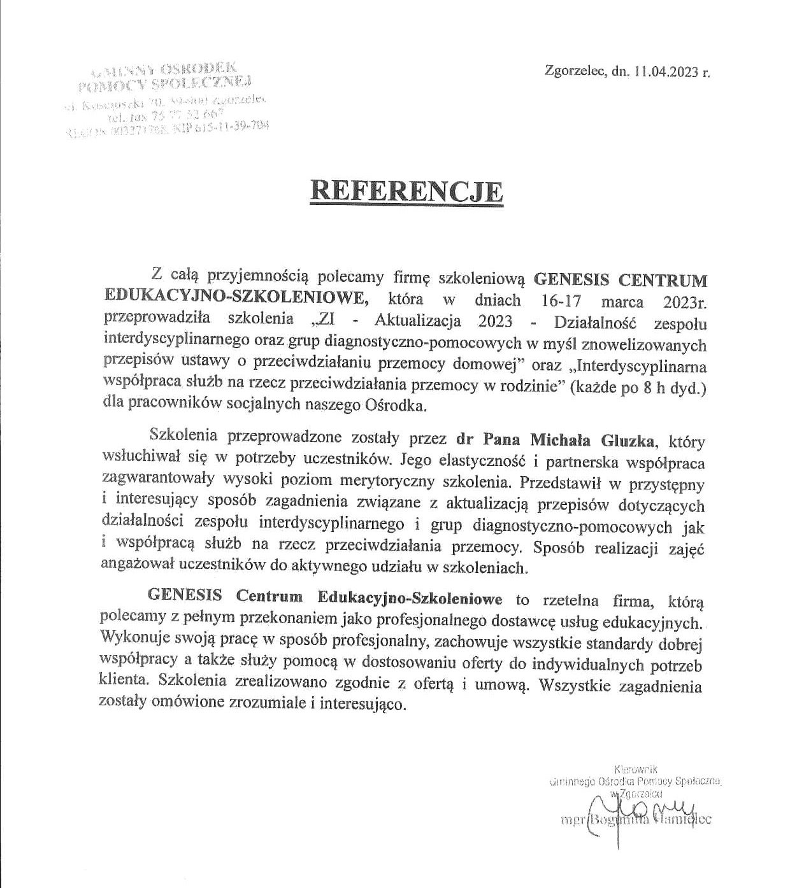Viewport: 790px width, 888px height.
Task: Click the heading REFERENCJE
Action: click(x=406, y=190)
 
